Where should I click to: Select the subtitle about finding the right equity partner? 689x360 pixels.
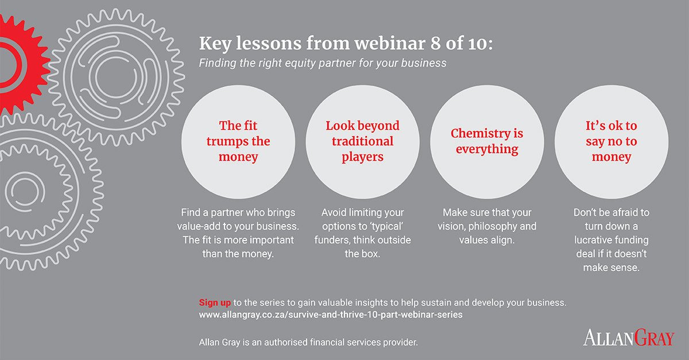pos(322,63)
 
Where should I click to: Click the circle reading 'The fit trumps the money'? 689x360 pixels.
pos(238,142)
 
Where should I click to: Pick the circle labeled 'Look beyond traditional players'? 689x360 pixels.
pos(362,142)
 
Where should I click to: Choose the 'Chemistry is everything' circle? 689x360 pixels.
pos(487,142)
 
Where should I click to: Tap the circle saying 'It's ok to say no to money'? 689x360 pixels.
pos(611,142)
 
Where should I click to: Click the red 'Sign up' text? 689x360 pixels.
pos(215,303)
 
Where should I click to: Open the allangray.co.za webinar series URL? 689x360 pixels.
pos(331,315)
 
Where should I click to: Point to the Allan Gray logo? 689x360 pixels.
pos(629,338)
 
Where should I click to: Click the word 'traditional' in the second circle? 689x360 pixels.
pos(363,141)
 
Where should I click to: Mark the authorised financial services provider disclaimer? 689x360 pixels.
pos(308,342)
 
